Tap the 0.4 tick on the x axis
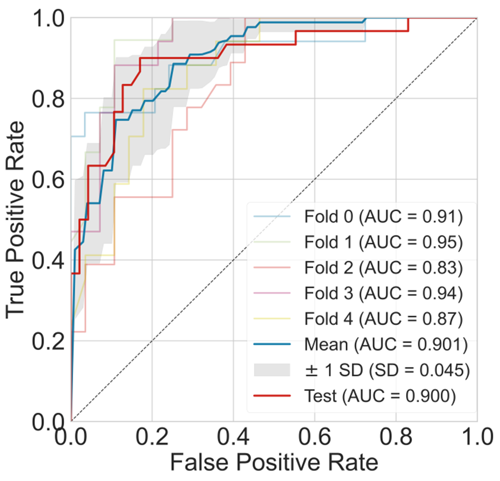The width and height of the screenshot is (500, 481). point(233,438)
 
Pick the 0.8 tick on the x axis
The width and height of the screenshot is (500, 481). point(396,438)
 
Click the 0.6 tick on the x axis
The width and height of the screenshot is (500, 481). point(314,438)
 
